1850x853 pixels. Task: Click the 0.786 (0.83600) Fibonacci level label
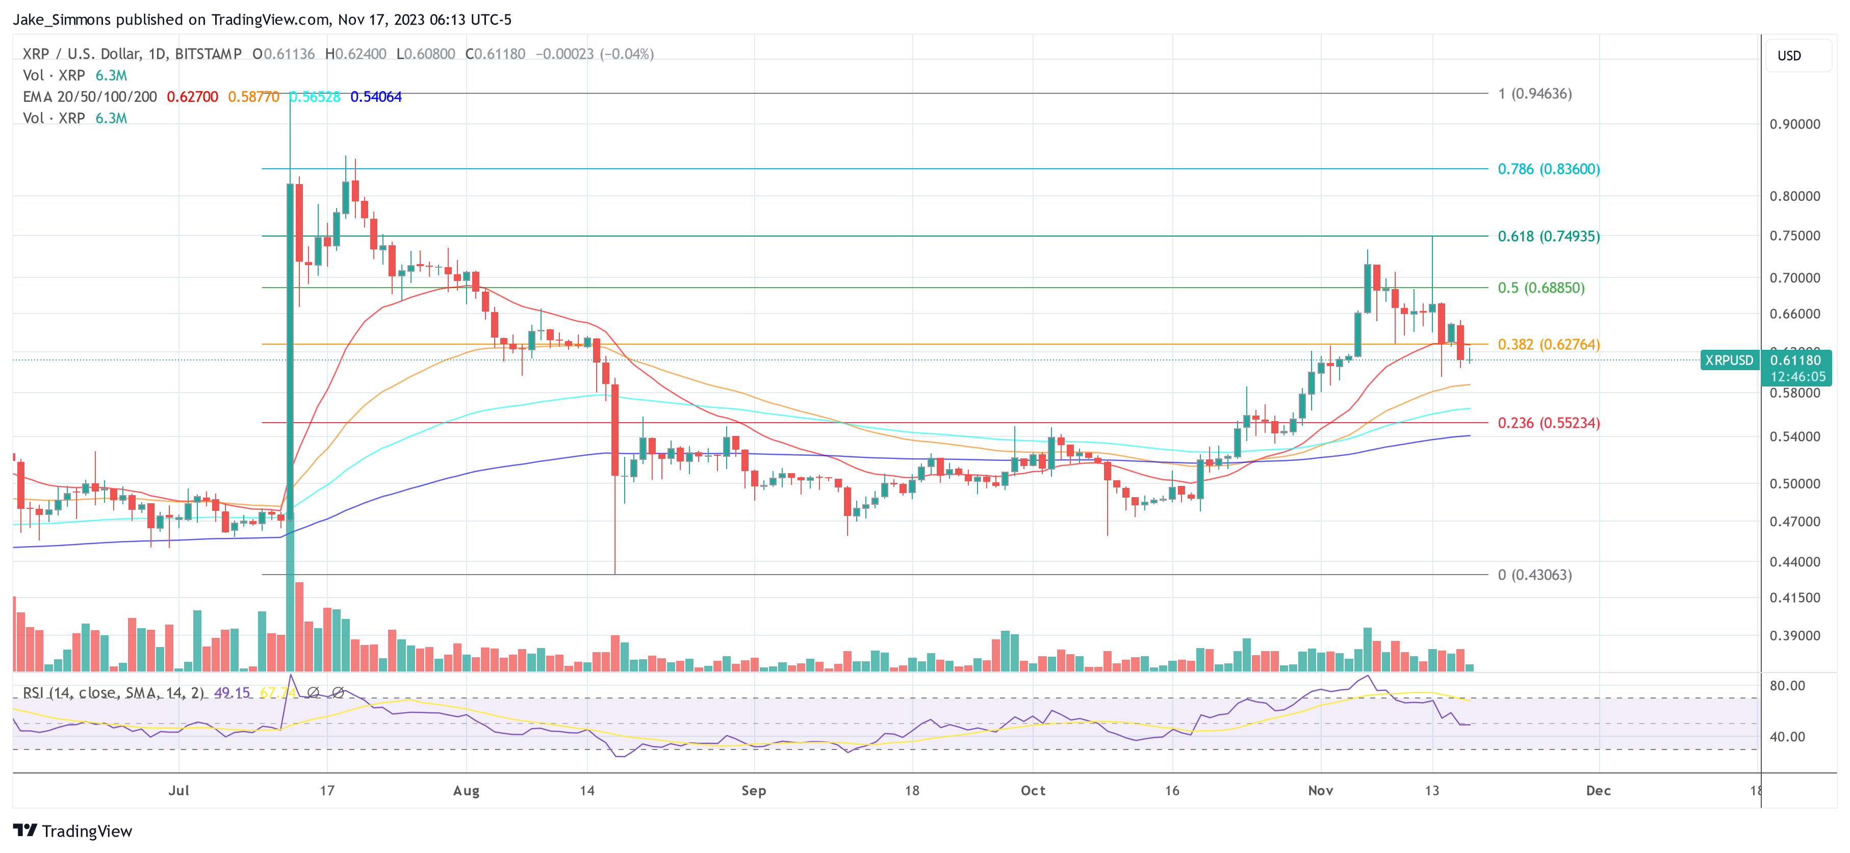[x=1548, y=169]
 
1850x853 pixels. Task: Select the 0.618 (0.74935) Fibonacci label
[x=1548, y=236]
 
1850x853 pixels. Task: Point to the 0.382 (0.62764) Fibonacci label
[x=1548, y=345]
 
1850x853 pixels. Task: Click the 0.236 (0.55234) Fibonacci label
[x=1548, y=423]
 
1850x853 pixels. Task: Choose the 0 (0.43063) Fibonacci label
[x=1534, y=575]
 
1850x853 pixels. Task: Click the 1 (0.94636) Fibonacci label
[x=1534, y=94]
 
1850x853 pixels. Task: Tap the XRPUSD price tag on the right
[x=1729, y=360]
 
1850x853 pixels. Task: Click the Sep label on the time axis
[x=753, y=790]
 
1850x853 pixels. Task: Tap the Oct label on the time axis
[x=1033, y=790]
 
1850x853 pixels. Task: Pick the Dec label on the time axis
[x=1598, y=790]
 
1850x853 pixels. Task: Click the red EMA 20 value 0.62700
[x=192, y=97]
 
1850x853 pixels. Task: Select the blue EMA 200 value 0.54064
[x=376, y=97]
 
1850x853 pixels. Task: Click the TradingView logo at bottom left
[x=72, y=831]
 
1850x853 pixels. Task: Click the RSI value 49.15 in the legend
[x=232, y=693]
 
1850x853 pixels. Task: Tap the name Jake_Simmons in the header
[x=62, y=19]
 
